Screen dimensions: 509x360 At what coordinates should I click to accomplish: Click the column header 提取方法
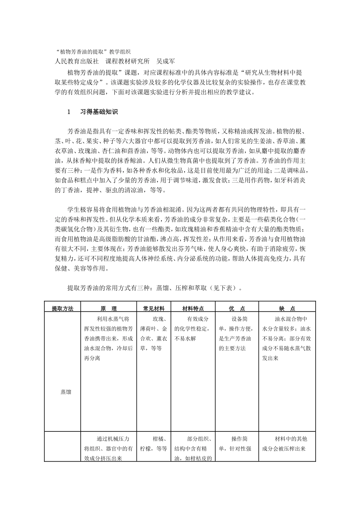click(x=63, y=308)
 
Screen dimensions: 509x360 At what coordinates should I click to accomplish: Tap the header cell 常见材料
click(x=154, y=308)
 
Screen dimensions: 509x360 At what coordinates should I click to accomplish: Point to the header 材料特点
click(x=193, y=308)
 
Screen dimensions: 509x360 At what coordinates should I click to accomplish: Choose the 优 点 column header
click(x=237, y=308)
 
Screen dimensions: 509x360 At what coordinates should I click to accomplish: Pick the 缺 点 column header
click(x=287, y=308)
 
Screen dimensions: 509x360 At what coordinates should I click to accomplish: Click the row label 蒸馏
click(x=66, y=392)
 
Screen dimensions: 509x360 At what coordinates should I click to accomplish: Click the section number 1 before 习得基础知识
click(x=69, y=112)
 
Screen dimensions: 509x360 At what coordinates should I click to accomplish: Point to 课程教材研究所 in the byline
click(x=127, y=61)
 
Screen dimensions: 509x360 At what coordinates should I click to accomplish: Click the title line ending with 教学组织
click(x=93, y=51)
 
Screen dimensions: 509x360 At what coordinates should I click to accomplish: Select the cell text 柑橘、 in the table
click(x=161, y=439)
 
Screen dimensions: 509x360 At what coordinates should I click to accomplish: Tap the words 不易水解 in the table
click(x=185, y=339)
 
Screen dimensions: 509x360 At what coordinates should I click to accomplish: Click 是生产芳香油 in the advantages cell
click(x=235, y=339)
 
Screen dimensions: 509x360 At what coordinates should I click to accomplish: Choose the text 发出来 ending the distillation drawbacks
click(x=270, y=358)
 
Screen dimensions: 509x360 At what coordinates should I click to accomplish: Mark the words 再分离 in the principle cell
click(x=92, y=358)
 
